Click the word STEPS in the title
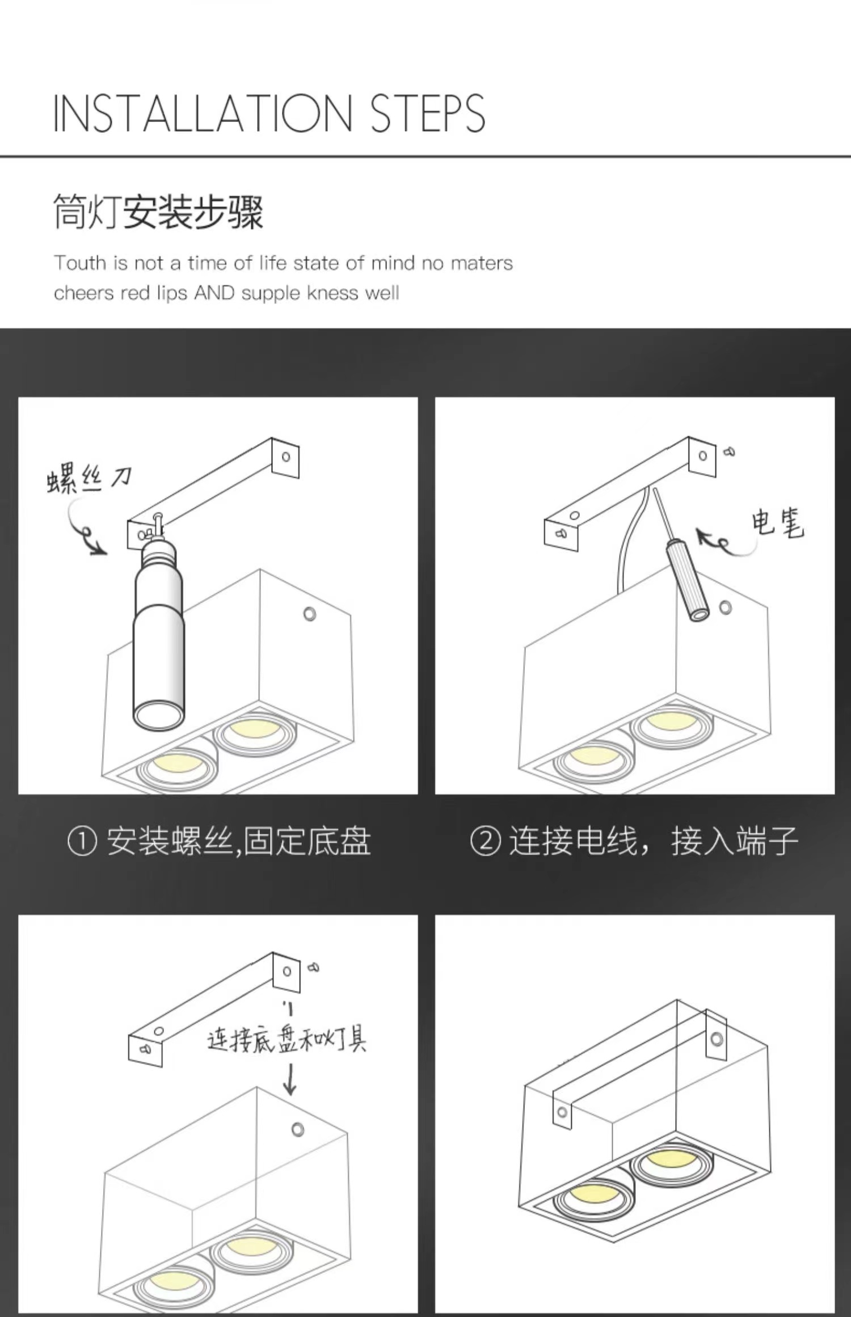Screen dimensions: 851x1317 pyautogui.click(x=428, y=113)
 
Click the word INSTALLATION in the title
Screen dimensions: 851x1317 pyautogui.click(x=203, y=113)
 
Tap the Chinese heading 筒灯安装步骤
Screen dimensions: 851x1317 pyautogui.click(x=158, y=212)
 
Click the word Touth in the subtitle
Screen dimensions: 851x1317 pyautogui.click(x=80, y=263)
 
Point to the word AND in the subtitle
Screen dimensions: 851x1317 pyautogui.click(x=214, y=293)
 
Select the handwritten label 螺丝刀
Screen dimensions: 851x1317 pyautogui.click(x=89, y=480)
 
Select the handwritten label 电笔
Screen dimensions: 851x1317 pyautogui.click(x=778, y=522)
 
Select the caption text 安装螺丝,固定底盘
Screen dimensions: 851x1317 pyautogui.click(x=239, y=841)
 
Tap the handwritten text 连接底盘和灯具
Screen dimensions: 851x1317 pyautogui.click(x=287, y=1040)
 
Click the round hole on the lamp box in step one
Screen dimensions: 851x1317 pyautogui.click(x=310, y=614)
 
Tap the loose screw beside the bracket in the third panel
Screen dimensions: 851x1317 pyautogui.click(x=313, y=967)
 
